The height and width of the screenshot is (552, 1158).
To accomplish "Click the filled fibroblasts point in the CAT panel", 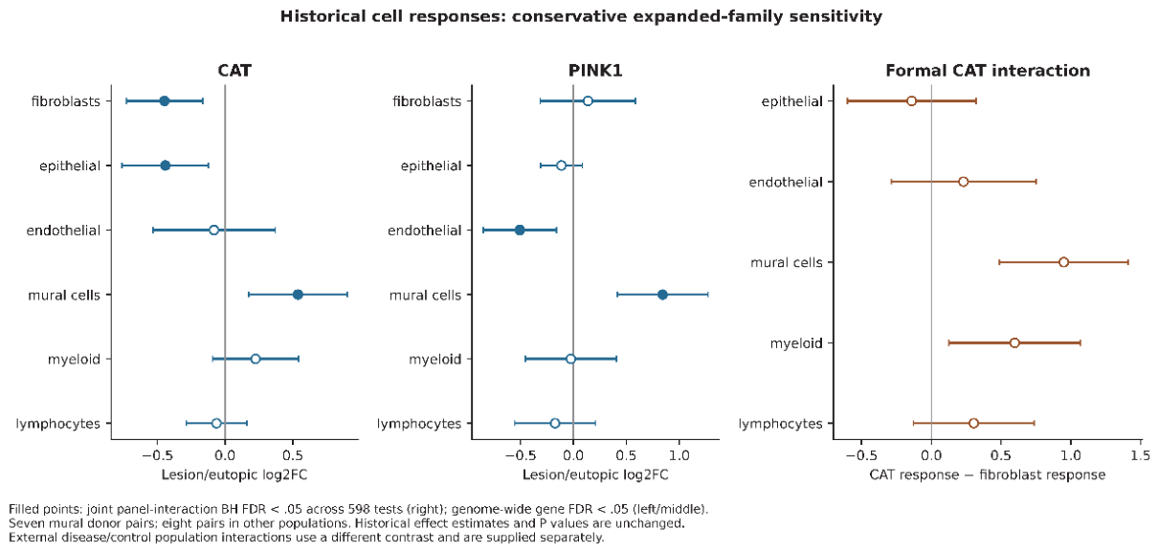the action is click(165, 101).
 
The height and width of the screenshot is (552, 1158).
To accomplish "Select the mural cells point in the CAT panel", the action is click(298, 295).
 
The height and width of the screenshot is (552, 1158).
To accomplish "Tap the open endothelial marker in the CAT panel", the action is click(214, 230).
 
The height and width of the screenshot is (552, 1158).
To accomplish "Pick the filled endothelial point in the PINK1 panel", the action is click(520, 230).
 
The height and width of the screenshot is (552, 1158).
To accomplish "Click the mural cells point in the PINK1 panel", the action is click(662, 295).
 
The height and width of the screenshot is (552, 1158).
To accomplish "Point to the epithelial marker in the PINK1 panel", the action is click(562, 166).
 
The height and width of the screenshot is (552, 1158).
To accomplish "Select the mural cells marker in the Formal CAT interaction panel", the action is click(1063, 262).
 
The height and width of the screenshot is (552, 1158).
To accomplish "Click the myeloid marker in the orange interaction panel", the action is click(1014, 342).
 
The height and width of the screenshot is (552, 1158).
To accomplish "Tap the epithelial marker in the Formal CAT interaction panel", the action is click(911, 101).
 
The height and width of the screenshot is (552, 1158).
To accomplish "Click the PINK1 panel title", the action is click(595, 71).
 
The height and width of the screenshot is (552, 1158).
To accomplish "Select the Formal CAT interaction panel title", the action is click(988, 71).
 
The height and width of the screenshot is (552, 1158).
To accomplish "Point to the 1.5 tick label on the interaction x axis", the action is click(1141, 455).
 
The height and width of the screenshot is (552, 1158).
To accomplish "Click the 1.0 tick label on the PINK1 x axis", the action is click(679, 455).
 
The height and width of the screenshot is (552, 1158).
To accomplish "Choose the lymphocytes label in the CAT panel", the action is click(57, 424).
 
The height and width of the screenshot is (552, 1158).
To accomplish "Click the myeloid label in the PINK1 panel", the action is click(434, 359).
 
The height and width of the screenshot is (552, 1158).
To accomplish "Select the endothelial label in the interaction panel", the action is click(786, 182).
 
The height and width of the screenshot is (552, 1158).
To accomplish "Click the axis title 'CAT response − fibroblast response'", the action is click(988, 475).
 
